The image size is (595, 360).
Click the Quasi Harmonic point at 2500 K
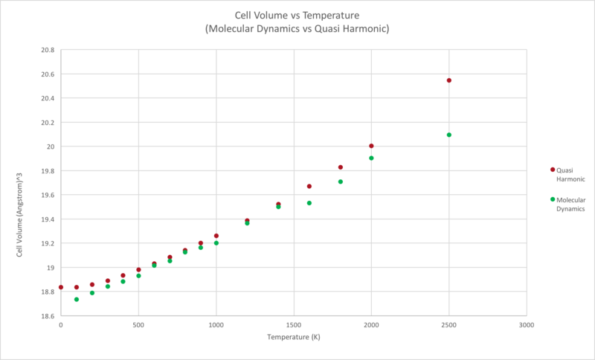point(449,80)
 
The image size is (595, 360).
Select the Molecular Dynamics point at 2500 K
point(449,135)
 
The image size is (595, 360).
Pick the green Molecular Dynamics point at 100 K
point(77,299)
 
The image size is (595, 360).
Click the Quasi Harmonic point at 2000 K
point(371,146)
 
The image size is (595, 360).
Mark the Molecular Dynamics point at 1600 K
point(309,203)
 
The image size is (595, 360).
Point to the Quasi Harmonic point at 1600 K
point(309,186)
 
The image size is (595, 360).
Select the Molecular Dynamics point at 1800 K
point(341,181)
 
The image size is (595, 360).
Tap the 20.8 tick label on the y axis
point(48,50)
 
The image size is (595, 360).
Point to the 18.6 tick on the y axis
point(48,316)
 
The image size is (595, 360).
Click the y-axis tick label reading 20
point(51,147)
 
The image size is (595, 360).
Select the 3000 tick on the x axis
point(527,325)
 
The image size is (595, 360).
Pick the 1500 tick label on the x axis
point(294,325)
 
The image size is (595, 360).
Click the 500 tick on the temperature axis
point(138,325)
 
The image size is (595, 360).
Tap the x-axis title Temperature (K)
point(294,338)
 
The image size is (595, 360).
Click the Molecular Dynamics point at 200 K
point(92,292)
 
